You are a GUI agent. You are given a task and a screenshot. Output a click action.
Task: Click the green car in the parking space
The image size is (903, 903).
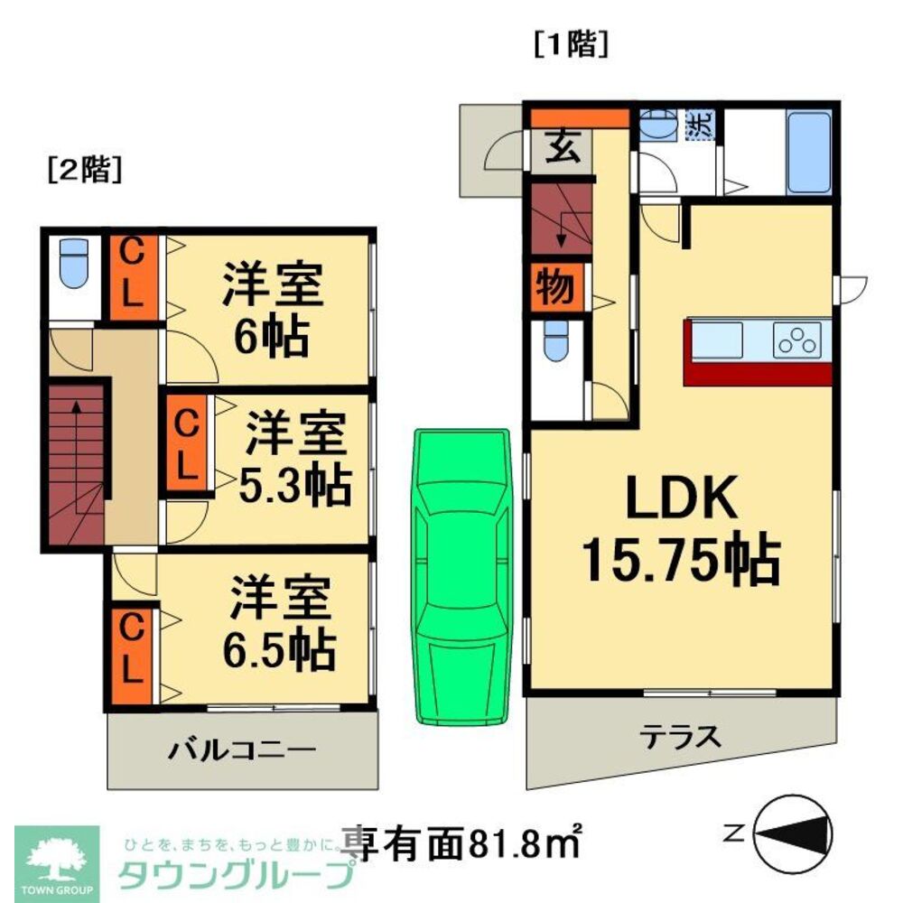tap(462, 576)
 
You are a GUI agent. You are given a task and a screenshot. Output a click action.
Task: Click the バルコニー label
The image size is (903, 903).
tap(241, 749)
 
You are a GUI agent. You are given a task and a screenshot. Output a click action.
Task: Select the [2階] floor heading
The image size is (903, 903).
tap(84, 170)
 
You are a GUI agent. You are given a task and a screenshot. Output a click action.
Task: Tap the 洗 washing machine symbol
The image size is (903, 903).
tap(698, 125)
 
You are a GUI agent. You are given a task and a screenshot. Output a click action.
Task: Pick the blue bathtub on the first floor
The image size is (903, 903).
tap(809, 152)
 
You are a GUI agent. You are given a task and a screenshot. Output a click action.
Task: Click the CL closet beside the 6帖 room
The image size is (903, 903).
tap(131, 276)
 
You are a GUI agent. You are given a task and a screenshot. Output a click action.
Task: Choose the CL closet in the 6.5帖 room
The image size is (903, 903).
tap(131, 648)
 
